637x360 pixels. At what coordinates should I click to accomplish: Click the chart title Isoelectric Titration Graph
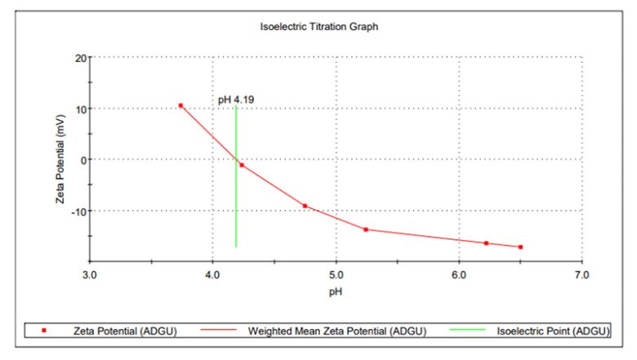click(x=318, y=27)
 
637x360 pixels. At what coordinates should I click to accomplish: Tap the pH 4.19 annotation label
click(x=236, y=100)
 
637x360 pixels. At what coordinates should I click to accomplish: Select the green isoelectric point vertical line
click(x=236, y=204)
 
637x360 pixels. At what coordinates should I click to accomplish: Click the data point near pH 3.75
click(x=180, y=105)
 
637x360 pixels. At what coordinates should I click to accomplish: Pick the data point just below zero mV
click(x=242, y=165)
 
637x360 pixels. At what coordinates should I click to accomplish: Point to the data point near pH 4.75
click(x=305, y=206)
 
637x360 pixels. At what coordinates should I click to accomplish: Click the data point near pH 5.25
click(x=366, y=229)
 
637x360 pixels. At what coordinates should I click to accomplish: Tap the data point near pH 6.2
click(x=486, y=243)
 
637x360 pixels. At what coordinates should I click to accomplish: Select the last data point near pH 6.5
click(x=520, y=247)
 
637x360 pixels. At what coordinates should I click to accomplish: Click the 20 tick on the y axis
click(x=80, y=58)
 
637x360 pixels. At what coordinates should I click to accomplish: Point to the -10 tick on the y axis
click(x=78, y=211)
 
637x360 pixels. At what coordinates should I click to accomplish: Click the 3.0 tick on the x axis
click(x=90, y=275)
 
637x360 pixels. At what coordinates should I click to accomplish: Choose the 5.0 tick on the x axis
click(x=336, y=275)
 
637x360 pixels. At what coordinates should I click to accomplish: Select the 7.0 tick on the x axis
click(x=581, y=275)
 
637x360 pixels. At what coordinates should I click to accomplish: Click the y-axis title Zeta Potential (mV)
click(x=60, y=159)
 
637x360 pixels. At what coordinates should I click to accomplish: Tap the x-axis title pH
click(x=336, y=290)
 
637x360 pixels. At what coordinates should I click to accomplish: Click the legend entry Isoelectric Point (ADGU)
click(x=552, y=331)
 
